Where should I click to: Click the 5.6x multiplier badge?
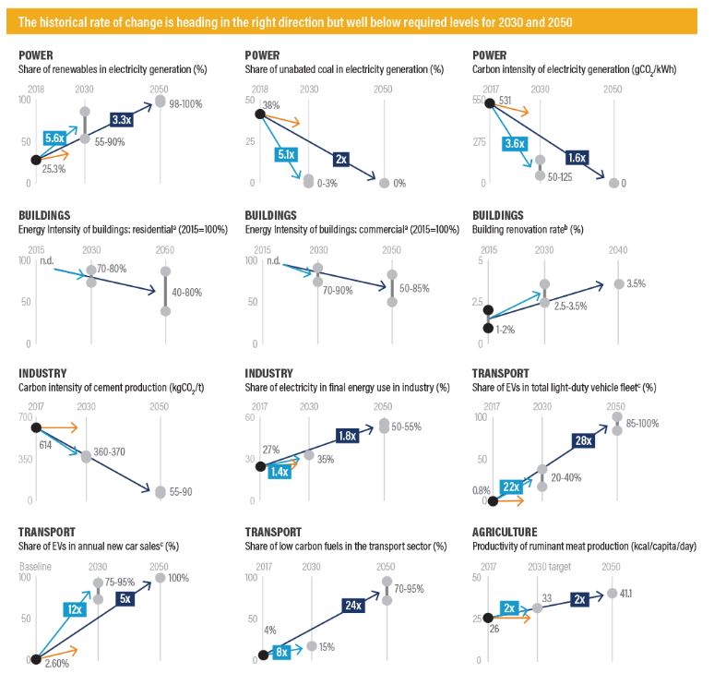tap(54, 138)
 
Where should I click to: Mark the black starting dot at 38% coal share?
tap(260, 114)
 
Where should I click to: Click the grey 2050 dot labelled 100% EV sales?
tap(161, 578)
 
